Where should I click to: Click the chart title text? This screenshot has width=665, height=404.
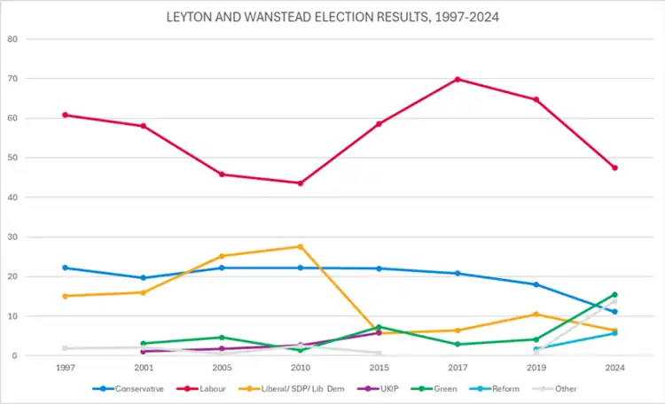pos(332,17)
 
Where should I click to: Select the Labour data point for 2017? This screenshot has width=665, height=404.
pos(458,79)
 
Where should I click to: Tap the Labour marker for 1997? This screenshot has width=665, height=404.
pos(66,115)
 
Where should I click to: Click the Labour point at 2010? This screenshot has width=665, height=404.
pos(301,183)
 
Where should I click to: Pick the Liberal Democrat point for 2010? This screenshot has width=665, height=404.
pos(301,246)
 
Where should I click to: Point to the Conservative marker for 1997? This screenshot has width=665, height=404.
pos(66,268)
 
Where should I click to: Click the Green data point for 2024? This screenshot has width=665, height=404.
pos(614,295)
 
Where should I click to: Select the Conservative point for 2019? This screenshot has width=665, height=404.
pos(536,284)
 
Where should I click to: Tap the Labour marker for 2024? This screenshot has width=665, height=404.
pos(614,167)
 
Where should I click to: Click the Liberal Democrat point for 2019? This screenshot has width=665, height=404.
pos(536,314)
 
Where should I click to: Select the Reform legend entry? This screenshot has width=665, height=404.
pos(497,389)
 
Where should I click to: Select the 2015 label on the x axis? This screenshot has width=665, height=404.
pos(379,368)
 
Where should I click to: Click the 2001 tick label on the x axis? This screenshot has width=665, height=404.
pos(144,368)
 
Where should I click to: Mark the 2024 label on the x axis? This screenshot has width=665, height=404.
pos(614,368)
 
